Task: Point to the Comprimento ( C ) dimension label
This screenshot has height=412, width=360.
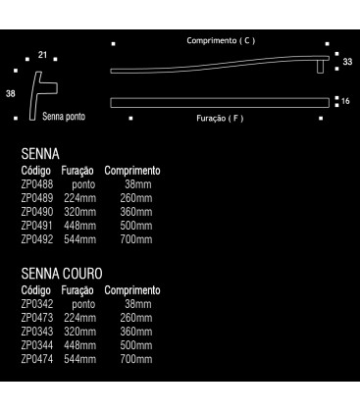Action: click(x=221, y=41)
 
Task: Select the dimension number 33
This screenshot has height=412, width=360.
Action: click(x=345, y=63)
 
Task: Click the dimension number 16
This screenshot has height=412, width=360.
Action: click(x=345, y=101)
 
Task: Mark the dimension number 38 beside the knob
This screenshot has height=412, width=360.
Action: click(x=10, y=94)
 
